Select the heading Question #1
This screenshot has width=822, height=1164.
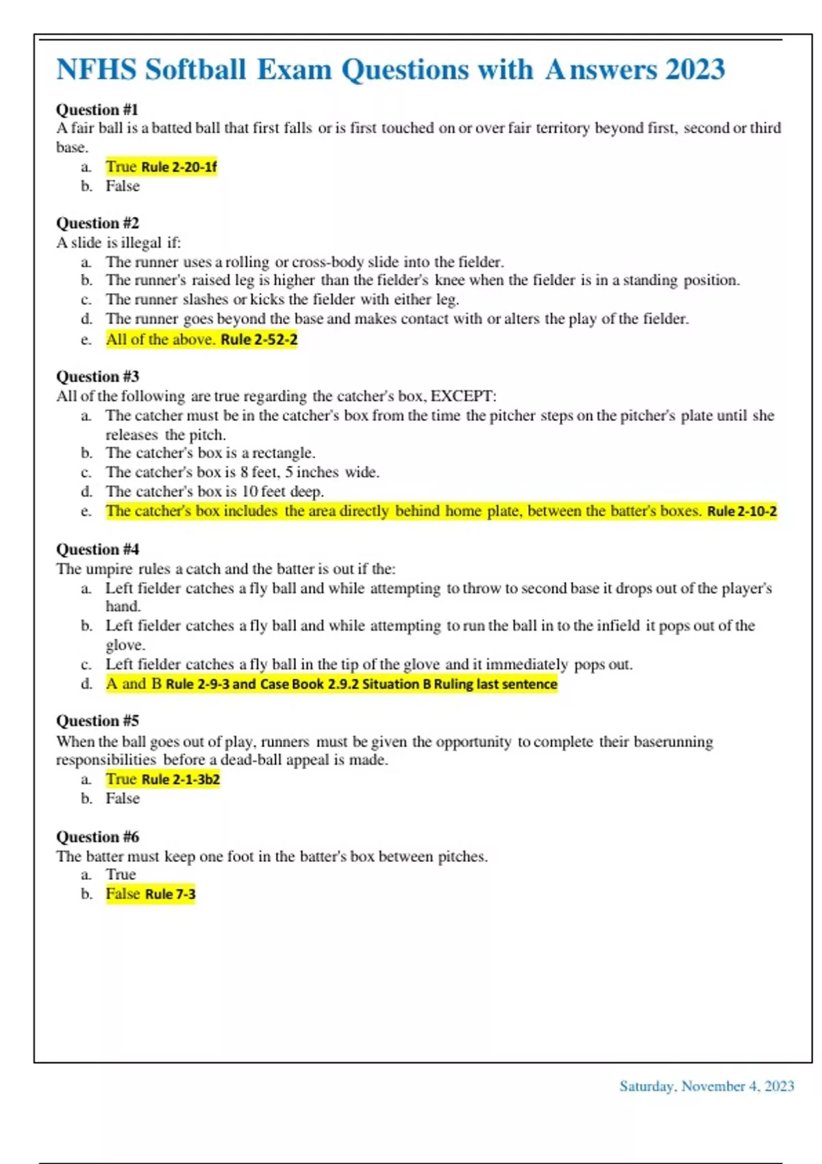[97, 110]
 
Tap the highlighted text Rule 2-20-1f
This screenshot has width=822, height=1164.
[179, 167]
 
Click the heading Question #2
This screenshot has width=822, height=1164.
[97, 223]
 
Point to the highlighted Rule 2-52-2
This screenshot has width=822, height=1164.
[259, 340]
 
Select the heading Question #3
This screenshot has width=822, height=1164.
[97, 377]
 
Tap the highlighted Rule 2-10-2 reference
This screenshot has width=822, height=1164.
[742, 511]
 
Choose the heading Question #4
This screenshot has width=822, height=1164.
[97, 549]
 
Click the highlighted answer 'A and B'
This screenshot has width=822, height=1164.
[134, 684]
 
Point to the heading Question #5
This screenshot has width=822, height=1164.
[97, 721]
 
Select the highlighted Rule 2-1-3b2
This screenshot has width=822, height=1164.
[180, 779]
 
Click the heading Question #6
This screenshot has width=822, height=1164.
[97, 837]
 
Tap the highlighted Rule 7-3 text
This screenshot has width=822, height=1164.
[170, 894]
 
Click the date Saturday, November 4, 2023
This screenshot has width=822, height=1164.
[706, 1087]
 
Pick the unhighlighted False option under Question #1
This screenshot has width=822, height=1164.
[123, 186]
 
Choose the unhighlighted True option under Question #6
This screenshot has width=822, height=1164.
[121, 874]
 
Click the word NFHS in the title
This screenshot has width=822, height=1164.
[96, 70]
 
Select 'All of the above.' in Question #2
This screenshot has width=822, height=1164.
[160, 340]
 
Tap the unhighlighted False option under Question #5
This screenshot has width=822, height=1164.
[123, 798]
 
